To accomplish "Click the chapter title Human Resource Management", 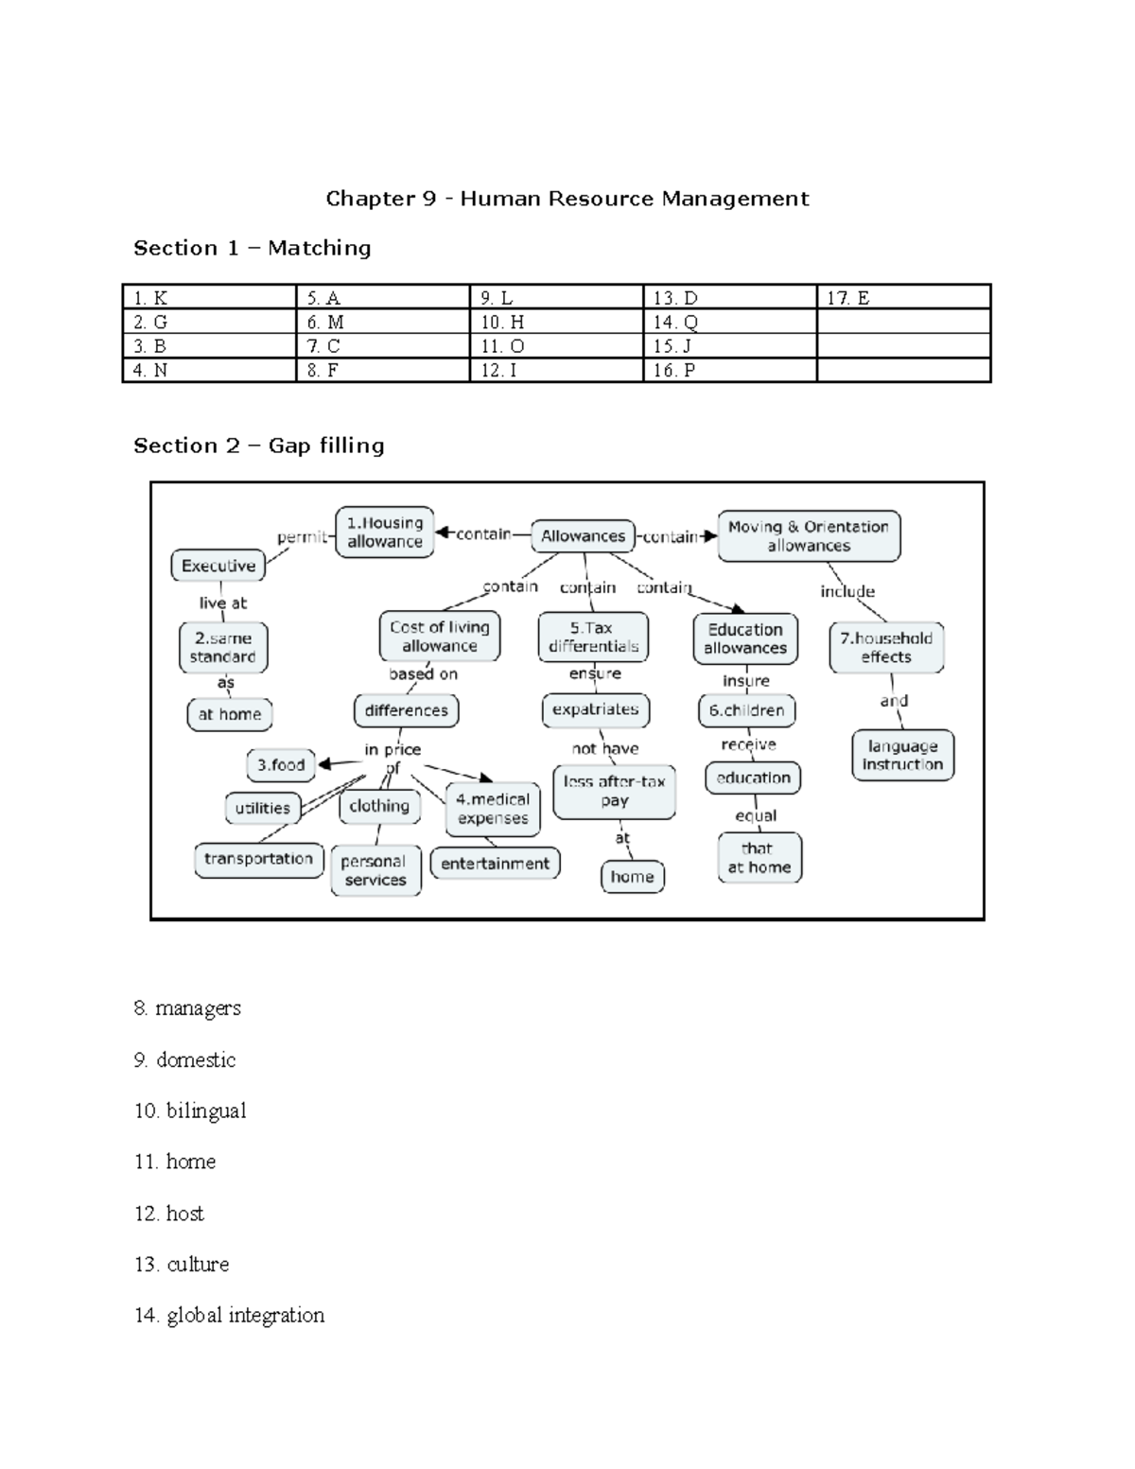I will point(567,199).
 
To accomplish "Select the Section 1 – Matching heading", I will point(252,248).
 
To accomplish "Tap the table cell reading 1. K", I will point(209,298).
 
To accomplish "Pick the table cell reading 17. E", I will point(902,298).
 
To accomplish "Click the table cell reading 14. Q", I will point(729,322).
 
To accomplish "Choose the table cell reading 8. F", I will point(382,370).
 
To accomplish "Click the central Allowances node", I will point(583,536).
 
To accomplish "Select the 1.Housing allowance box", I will point(385,532).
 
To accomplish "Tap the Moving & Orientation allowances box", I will point(809,536).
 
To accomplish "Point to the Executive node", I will point(218,566).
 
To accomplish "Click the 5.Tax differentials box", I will point(593,638).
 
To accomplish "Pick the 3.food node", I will point(281,764).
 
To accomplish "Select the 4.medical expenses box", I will point(493,809).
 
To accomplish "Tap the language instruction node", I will point(902,755).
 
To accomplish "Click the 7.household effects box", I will point(886,647).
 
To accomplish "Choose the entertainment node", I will point(495,864).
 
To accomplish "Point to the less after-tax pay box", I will point(614,791).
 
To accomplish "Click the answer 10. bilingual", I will point(190,1110).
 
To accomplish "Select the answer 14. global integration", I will point(230,1315).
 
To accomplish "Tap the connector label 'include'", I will point(847,591).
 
